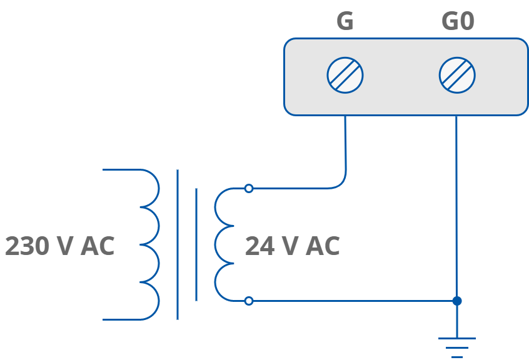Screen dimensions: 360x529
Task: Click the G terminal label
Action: click(x=345, y=21)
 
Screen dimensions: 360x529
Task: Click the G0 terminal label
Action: click(x=458, y=21)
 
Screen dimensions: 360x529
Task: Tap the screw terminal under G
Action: click(x=345, y=76)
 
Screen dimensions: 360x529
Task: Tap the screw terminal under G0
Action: click(x=457, y=76)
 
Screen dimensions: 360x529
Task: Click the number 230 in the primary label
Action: click(x=27, y=246)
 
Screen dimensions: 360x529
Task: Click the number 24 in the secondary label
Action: click(x=259, y=246)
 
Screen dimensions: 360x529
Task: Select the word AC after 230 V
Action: click(x=98, y=246)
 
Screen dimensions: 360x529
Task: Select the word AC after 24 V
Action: click(x=323, y=246)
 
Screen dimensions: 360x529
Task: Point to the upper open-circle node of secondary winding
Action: click(x=249, y=188)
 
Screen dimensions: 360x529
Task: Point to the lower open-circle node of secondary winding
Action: click(x=249, y=301)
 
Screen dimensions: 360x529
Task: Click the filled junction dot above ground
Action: click(x=457, y=301)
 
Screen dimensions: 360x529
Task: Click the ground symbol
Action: click(x=457, y=347)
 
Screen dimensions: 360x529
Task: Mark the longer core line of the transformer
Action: click(x=178, y=244)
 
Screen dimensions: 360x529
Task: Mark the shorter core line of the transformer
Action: click(x=196, y=244)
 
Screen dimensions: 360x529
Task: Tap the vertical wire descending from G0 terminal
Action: click(x=456, y=206)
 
